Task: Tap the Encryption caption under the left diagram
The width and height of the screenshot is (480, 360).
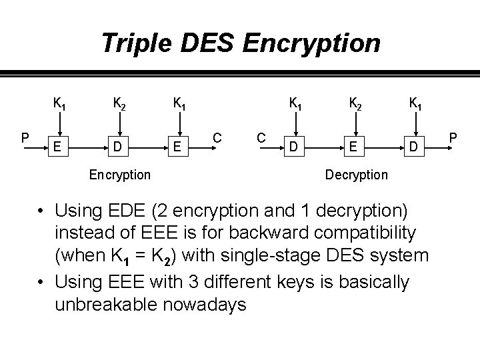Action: tap(120, 174)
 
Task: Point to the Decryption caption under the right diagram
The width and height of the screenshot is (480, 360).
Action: tap(356, 174)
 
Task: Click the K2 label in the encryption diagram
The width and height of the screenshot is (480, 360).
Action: tap(120, 104)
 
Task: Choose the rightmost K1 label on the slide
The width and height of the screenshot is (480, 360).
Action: tap(414, 104)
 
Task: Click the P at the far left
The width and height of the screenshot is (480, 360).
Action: tap(24, 138)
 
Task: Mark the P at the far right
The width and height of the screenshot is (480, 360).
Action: tap(453, 138)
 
